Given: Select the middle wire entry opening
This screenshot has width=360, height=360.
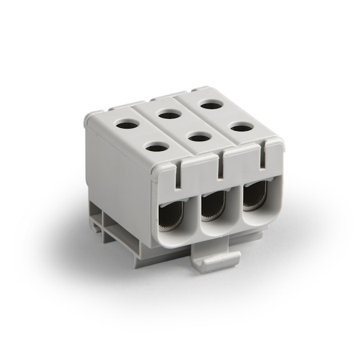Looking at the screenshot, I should [213, 209].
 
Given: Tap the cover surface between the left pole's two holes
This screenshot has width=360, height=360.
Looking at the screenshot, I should [141, 135].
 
